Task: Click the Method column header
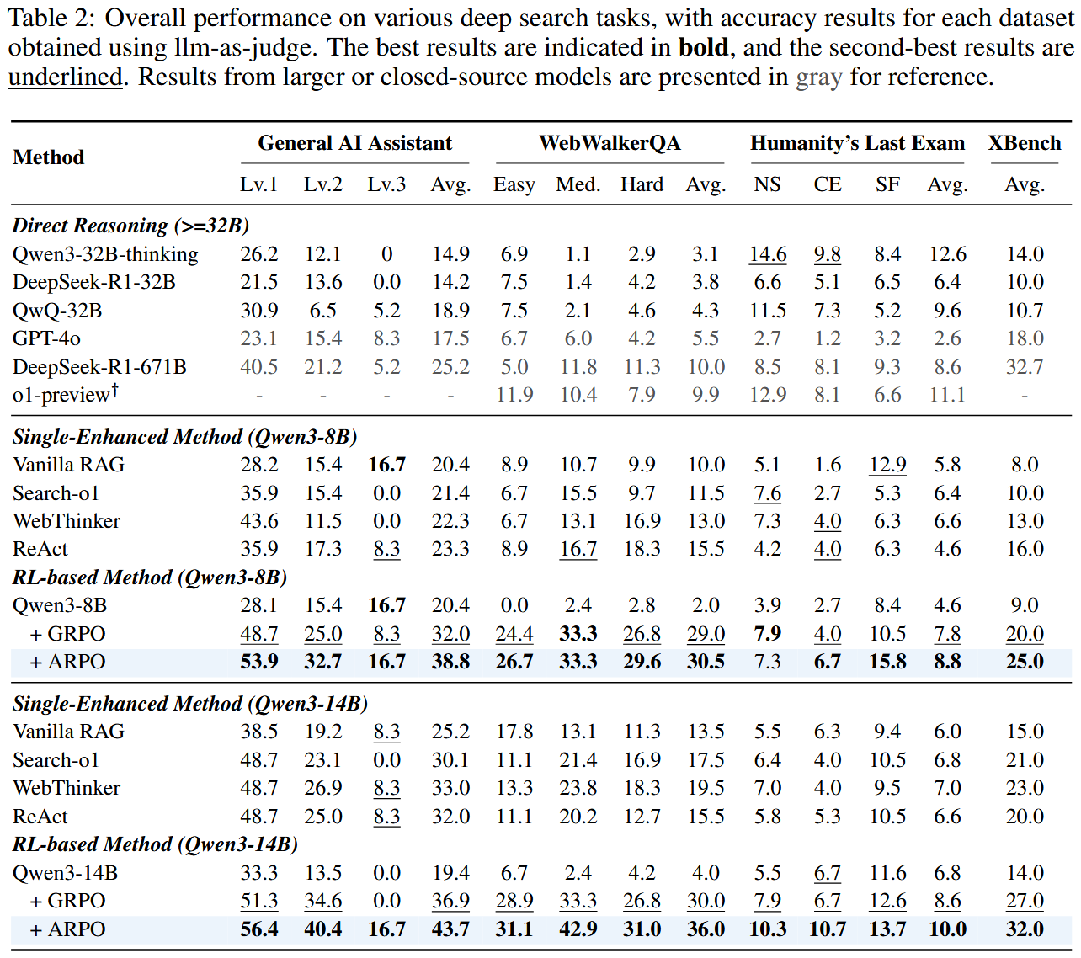click(49, 157)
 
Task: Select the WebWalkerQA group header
click(610, 143)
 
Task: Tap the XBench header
click(1024, 143)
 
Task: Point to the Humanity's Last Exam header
click(857, 143)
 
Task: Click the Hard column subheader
click(642, 184)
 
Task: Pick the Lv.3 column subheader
click(386, 184)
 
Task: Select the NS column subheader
click(767, 184)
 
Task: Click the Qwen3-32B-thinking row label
click(105, 254)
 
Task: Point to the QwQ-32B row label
click(57, 311)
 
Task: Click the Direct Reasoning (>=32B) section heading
click(130, 226)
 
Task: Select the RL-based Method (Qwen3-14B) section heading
click(155, 844)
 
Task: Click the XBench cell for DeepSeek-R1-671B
click(1025, 367)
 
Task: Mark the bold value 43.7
click(450, 929)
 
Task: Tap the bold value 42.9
click(578, 929)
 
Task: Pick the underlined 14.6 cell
click(768, 254)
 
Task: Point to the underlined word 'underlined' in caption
click(66, 77)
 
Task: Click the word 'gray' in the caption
click(818, 77)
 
